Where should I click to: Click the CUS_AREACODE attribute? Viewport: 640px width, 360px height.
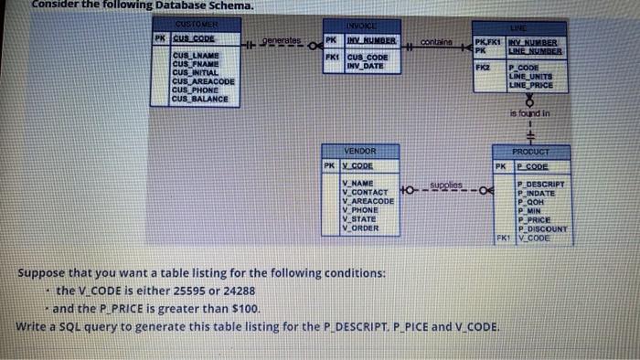204,82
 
